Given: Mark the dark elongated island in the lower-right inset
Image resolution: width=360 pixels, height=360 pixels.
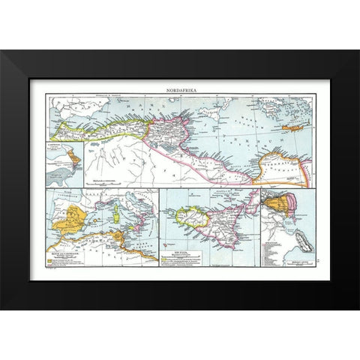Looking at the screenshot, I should tap(298, 247).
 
